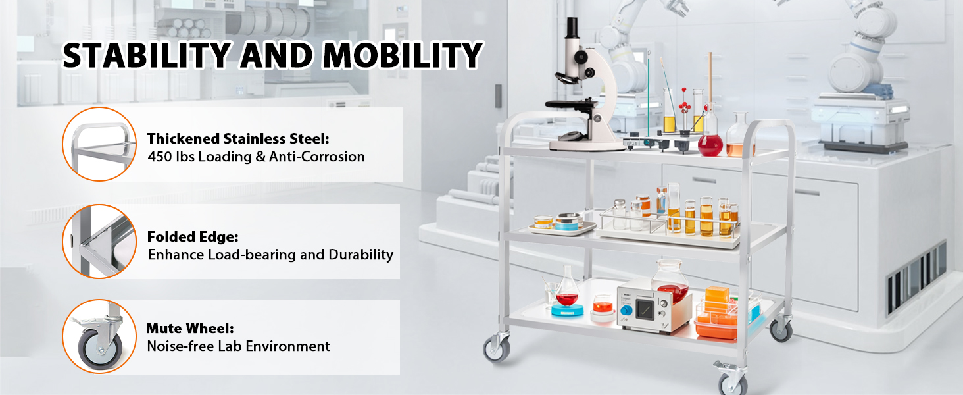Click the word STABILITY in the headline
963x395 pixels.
146,56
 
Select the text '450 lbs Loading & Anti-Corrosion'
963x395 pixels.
256,157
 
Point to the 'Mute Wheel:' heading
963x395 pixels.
189,328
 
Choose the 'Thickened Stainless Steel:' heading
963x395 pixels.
237,139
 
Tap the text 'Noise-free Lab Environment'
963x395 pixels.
238,346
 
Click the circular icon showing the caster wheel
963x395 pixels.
99,336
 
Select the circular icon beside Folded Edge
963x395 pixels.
99,240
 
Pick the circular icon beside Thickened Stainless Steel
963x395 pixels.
99,144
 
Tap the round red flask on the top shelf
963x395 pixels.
710,143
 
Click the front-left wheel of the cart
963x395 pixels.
497,347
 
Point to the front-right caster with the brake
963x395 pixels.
732,380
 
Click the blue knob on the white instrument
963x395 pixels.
626,310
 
